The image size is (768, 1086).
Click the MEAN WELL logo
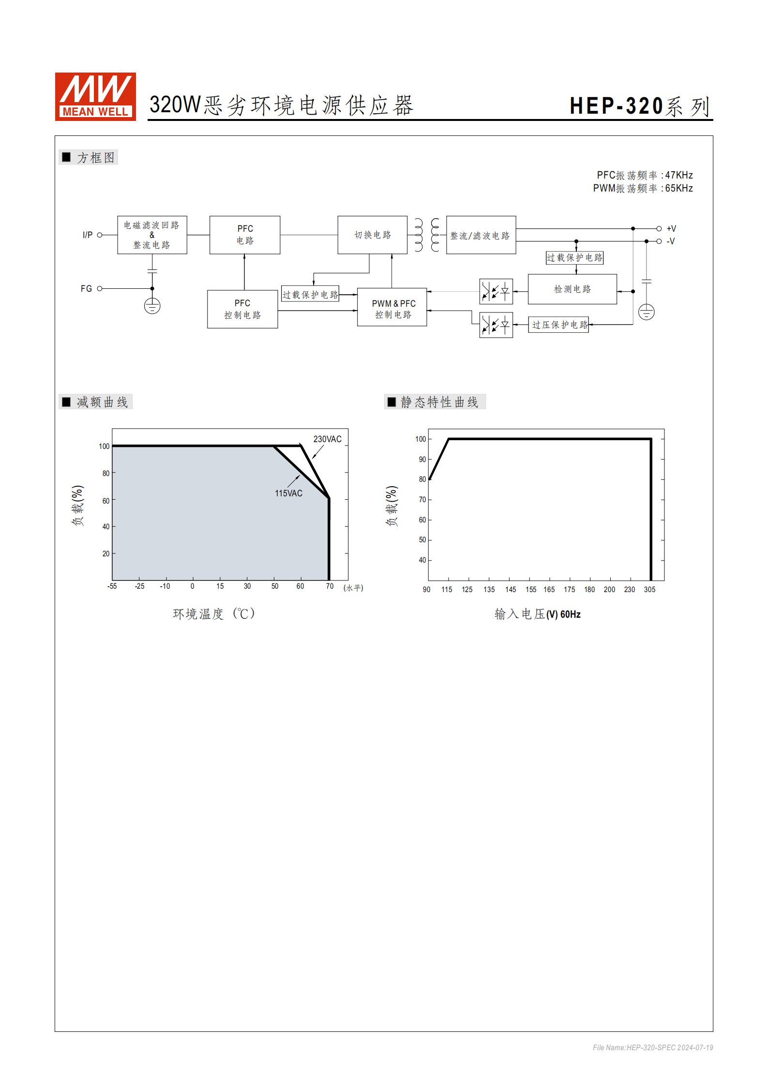coord(95,96)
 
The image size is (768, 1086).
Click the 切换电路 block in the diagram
coord(372,235)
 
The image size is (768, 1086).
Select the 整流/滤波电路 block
coord(481,235)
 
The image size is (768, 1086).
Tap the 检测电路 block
coord(572,289)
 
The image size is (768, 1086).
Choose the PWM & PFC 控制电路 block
coord(392,308)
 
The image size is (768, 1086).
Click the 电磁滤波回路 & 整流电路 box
coord(152,235)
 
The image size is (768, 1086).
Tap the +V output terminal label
coord(671,229)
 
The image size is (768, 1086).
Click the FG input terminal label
coord(86,289)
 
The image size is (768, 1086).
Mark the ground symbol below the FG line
coord(152,306)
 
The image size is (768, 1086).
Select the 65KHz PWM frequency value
coord(678,188)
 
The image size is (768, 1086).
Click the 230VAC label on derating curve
coord(327,439)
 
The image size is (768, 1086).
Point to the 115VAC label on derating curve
coord(288,493)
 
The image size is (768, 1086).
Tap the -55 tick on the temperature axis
coord(112,586)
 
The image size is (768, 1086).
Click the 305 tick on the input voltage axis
coord(649,590)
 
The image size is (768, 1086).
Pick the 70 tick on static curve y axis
coord(422,500)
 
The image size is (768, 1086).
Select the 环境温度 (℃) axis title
coord(213,614)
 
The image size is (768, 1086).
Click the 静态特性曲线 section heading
coord(439,402)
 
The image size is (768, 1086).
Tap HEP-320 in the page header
coord(616,106)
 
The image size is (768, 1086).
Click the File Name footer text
coord(652,1047)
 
